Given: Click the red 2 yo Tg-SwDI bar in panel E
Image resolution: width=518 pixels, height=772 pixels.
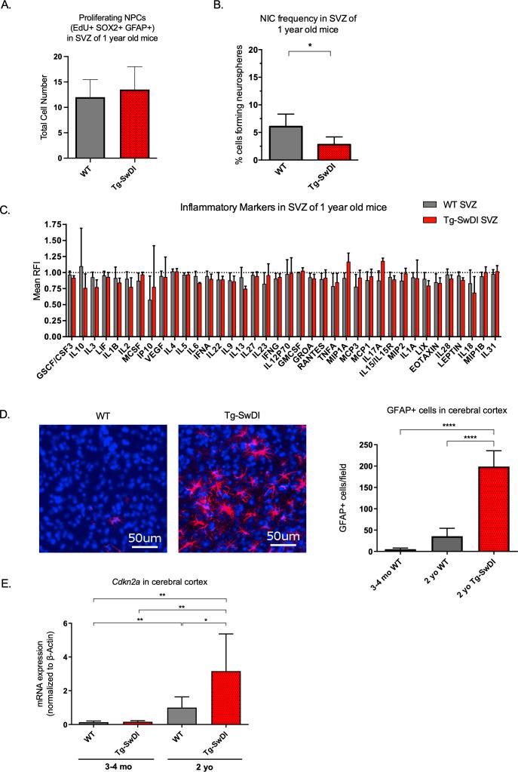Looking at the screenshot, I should coord(225,700).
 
